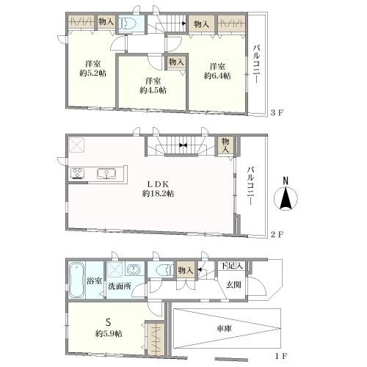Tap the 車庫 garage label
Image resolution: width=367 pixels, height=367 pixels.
[225, 328]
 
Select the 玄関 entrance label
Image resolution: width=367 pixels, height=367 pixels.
[233, 285]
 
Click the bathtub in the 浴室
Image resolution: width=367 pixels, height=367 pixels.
[76, 280]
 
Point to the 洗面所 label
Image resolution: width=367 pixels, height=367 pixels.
[120, 286]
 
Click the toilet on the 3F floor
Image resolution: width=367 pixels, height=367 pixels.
[128, 24]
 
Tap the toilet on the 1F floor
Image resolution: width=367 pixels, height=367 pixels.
[161, 270]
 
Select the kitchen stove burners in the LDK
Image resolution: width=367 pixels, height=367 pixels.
[78, 173]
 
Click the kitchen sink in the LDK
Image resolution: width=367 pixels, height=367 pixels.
[106, 174]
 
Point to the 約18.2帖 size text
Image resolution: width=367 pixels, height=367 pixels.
[159, 194]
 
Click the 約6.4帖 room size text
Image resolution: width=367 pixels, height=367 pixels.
[217, 76]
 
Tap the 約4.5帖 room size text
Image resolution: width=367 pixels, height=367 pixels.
[153, 90]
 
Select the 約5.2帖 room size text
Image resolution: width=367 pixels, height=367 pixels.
[93, 73]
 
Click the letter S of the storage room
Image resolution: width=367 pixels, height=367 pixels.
[108, 322]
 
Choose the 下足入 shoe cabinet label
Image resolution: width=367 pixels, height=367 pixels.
[232, 266]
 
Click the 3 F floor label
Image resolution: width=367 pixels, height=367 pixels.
[277, 113]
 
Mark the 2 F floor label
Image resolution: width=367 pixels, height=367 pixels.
[277, 235]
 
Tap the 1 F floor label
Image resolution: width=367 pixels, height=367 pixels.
[280, 356]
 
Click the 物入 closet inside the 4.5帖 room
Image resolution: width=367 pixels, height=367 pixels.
[176, 62]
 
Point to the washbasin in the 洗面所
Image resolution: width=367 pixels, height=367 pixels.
[134, 269]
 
